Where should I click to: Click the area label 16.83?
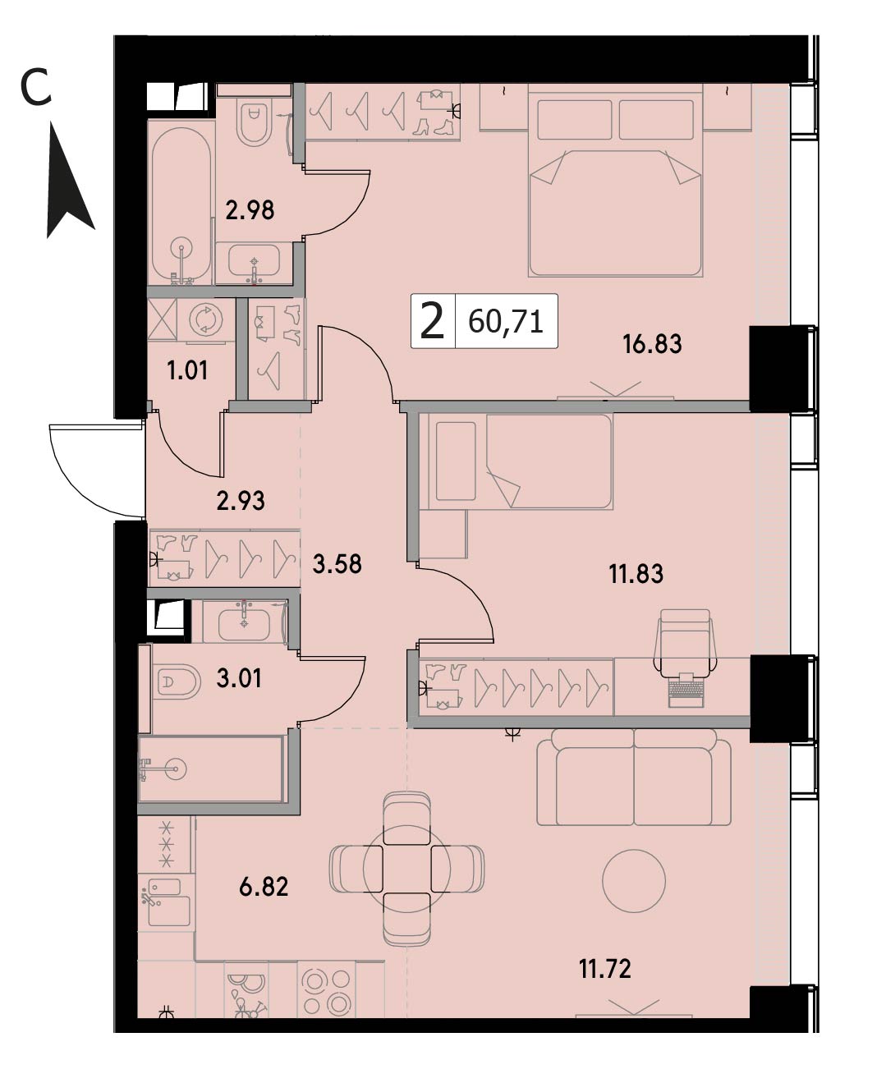652,344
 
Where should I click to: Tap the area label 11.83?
636,574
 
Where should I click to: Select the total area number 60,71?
505,323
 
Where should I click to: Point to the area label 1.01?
187,370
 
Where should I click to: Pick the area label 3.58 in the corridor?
337,564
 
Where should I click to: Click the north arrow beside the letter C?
70,179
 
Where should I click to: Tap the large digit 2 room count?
432,322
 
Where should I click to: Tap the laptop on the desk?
686,691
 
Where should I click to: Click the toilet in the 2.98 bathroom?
254,122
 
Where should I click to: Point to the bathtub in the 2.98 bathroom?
181,203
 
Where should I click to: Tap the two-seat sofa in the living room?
634,777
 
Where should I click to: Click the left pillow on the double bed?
575,120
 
